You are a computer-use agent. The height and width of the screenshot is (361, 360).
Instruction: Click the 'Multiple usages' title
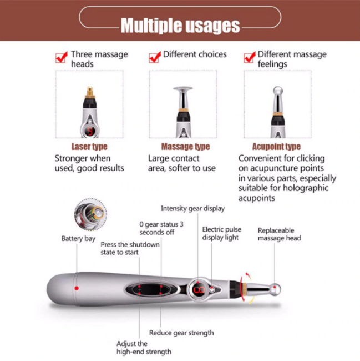click(x=180, y=26)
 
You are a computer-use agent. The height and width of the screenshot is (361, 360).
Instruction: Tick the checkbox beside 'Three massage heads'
click(x=62, y=57)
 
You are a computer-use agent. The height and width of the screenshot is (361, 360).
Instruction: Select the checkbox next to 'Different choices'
click(x=155, y=57)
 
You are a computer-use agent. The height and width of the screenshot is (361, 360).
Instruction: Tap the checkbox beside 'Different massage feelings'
click(x=250, y=57)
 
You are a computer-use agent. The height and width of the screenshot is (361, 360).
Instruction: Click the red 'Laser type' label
click(x=89, y=147)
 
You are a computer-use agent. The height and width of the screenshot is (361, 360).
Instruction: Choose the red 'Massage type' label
click(x=185, y=147)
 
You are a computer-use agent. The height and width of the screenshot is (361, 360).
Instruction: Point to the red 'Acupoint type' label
click(x=276, y=147)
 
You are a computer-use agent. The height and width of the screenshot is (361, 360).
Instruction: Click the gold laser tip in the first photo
click(x=89, y=89)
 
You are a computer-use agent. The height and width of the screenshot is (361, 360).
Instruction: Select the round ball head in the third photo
click(x=278, y=92)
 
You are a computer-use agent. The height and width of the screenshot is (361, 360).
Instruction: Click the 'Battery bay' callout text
click(x=78, y=239)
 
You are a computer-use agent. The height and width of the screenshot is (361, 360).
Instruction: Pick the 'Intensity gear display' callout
click(x=192, y=209)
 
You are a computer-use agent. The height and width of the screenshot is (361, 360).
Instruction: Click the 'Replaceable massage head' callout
click(x=279, y=234)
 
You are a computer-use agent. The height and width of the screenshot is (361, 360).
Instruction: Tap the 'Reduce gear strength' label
click(x=181, y=333)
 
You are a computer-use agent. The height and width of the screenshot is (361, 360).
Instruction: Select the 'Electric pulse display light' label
click(x=220, y=233)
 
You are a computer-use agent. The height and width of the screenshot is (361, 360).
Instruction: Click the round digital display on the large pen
click(x=199, y=289)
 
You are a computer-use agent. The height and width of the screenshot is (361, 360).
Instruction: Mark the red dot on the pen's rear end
click(x=77, y=288)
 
